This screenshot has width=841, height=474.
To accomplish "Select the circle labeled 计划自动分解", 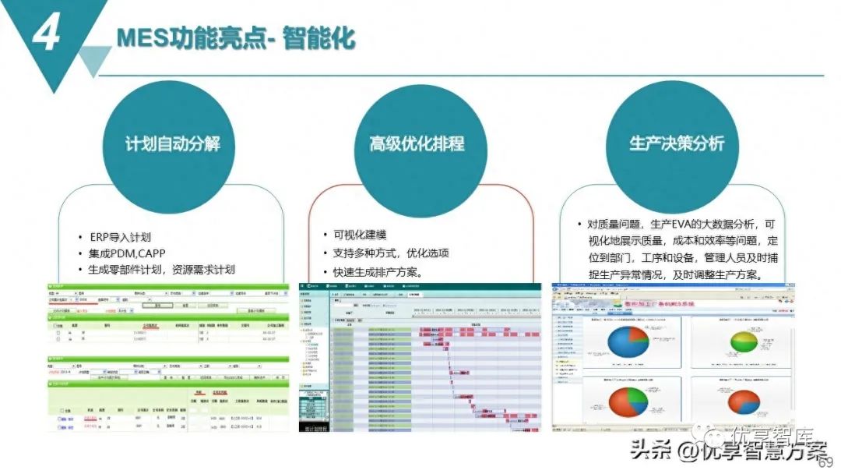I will [x=172, y=143].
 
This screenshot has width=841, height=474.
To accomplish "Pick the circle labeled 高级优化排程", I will [x=417, y=143].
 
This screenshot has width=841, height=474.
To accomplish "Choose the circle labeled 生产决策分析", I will [x=676, y=143].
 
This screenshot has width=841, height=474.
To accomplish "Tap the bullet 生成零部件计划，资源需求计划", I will [x=162, y=270].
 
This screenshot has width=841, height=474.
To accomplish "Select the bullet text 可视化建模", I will [x=360, y=235].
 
